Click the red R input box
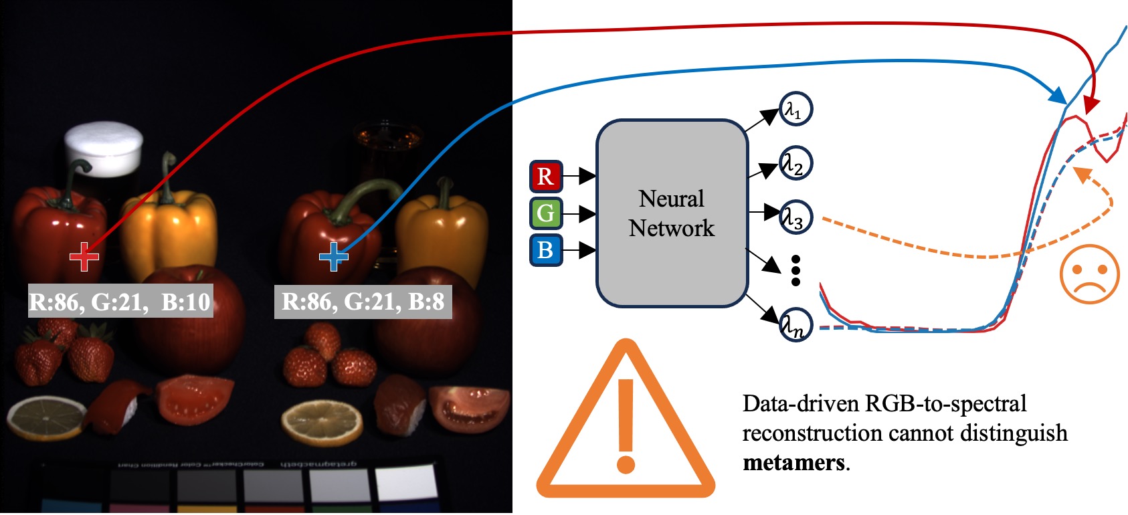[x=546, y=177]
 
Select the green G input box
[x=546, y=213]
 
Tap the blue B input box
[x=546, y=249]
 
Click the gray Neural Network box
[x=672, y=213]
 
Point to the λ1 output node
[x=795, y=109]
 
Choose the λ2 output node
[x=795, y=163]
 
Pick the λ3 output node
[x=795, y=217]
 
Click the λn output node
[x=795, y=325]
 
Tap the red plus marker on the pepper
[x=84, y=256]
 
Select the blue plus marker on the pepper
[x=333, y=256]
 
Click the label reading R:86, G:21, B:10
[x=120, y=302]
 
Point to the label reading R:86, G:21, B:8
[x=363, y=302]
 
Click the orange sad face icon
[x=1089, y=274]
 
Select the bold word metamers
[x=793, y=463]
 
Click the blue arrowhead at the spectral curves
[x=1058, y=96]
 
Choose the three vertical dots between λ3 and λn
[x=795, y=270]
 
